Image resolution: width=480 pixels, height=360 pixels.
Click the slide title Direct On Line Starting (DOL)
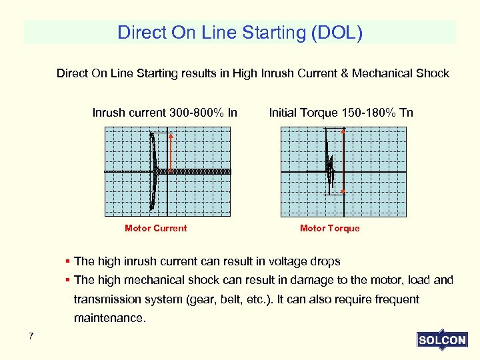pyautogui.click(x=240, y=33)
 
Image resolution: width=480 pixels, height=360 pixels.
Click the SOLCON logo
pyautogui.click(x=442, y=340)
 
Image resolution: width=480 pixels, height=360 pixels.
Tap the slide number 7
pyautogui.click(x=31, y=336)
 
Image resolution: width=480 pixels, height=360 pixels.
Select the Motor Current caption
pyautogui.click(x=155, y=229)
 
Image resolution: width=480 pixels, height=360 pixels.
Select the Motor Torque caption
pyautogui.click(x=329, y=229)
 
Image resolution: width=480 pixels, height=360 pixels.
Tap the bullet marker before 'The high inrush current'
pyautogui.click(x=69, y=261)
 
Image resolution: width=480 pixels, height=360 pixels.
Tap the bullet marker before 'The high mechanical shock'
pyautogui.click(x=69, y=280)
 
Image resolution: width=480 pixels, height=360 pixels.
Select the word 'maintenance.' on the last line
pyautogui.click(x=109, y=318)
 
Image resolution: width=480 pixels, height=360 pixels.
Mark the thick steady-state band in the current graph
pyautogui.click(x=200, y=171)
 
